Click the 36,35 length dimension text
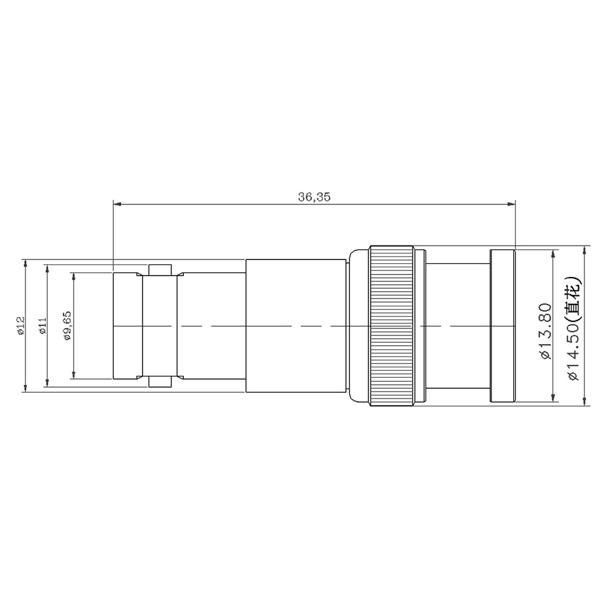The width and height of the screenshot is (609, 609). coord(314,197)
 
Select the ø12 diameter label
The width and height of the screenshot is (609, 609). coord(21,325)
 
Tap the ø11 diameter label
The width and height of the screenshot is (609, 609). coord(43,325)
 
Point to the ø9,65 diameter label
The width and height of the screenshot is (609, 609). coord(68,325)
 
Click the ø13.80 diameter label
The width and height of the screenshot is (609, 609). coord(546,331)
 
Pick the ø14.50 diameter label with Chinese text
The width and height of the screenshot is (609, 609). coord(573,328)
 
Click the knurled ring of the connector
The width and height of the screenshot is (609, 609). coord(391,326)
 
